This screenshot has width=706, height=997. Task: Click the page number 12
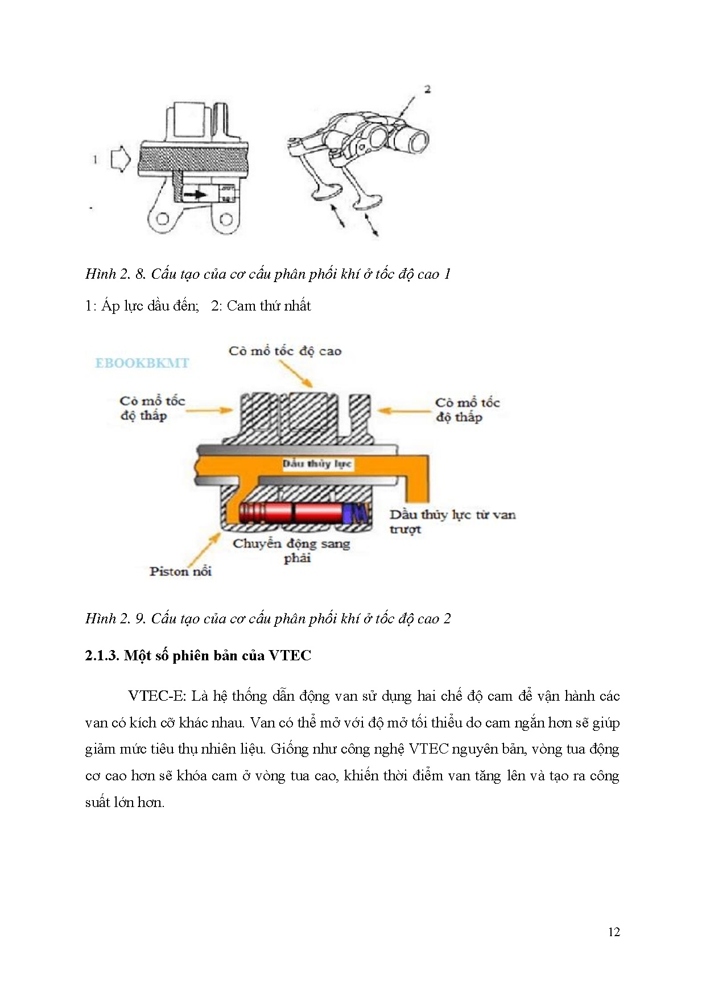click(x=614, y=932)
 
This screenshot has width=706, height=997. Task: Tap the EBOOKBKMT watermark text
click(x=142, y=363)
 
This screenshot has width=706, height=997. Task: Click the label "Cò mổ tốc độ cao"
click(x=285, y=351)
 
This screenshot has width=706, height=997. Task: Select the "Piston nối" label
click(x=180, y=572)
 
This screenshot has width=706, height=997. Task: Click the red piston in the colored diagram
click(x=293, y=514)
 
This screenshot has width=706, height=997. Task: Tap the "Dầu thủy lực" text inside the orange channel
click(x=317, y=464)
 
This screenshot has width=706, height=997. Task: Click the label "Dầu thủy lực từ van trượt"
click(x=452, y=522)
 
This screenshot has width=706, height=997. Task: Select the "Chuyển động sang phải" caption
click(x=291, y=550)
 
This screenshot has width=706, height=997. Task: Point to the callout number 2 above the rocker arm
click(x=427, y=89)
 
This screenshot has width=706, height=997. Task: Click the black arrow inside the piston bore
click(x=195, y=194)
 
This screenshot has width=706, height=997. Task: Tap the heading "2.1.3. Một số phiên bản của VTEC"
click(x=198, y=656)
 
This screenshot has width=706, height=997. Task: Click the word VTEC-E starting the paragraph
click(x=157, y=696)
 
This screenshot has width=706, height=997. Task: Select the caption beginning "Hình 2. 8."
click(x=267, y=274)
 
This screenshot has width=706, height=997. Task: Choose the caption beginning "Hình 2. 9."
click(x=267, y=619)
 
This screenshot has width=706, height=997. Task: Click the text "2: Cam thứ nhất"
click(x=261, y=306)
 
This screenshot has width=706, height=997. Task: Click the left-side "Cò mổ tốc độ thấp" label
click(x=152, y=408)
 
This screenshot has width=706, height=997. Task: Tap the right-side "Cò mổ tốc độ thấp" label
click(x=467, y=410)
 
